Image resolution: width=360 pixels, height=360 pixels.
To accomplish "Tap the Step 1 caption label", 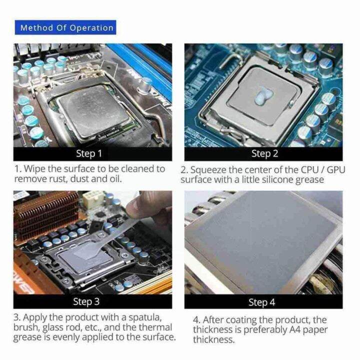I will click(x=88, y=153).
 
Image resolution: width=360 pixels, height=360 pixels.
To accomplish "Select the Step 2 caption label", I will click(x=263, y=153).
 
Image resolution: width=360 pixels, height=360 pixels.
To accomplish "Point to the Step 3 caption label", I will click(x=86, y=301).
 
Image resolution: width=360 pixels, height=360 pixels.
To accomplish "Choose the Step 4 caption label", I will click(x=261, y=302).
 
